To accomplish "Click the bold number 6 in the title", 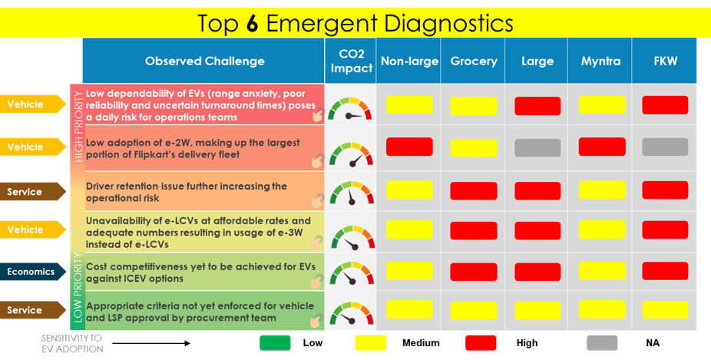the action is coord(252,23).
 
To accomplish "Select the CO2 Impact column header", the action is coord(351,61).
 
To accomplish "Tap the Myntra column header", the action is coord(600,61).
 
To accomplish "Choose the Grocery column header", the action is coord(473,61).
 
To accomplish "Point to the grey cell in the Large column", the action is coord(537,148).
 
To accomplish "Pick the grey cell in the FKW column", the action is coord(665,147).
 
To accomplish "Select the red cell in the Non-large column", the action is coord(409,147).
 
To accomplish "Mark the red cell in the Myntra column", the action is coord(602,147).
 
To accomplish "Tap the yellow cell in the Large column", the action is coord(537,311).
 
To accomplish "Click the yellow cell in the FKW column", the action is coord(665,310).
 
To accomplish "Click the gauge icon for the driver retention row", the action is coord(352,193).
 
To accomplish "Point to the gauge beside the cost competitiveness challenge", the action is coord(352,273).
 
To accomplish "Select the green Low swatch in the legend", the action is coord(275,343).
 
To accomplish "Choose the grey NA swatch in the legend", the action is coord(602,343).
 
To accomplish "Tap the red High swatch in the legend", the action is coord(481,343).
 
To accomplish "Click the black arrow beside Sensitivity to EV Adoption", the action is coord(151,343).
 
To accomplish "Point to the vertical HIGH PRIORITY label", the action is coord(78,127).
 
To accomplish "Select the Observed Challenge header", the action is coord(204,61).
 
